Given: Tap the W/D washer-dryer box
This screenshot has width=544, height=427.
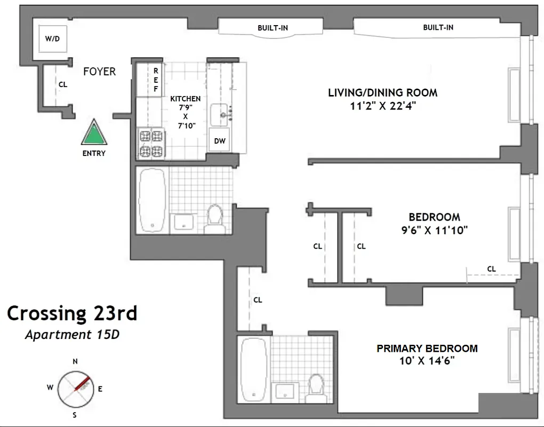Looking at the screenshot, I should tap(52, 39).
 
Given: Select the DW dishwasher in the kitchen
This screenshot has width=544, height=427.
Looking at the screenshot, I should tap(219, 140).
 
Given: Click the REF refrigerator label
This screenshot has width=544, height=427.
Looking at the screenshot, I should tap(156, 80).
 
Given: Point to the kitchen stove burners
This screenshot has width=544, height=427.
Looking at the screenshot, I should tap(151, 144).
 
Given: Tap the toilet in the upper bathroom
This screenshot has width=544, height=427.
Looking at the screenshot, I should tap(215, 218).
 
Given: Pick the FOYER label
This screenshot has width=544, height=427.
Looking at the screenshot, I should tap(99, 72).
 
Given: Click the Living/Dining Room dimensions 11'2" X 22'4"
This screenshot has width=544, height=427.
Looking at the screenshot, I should tap(382, 106).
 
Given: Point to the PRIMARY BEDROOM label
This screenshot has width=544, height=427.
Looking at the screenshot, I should tap(427, 349).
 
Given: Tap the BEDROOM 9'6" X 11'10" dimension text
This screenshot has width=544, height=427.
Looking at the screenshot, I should tap(435, 231).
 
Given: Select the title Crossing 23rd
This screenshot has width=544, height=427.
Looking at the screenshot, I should tap(72, 313).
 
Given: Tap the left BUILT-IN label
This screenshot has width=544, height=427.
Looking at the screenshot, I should tap(273, 28).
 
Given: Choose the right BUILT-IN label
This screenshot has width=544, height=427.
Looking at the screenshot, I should tap(438, 27).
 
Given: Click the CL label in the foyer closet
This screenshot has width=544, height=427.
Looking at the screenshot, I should tap(63, 84).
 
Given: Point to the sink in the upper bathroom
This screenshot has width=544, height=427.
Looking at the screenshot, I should tap(184, 221).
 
